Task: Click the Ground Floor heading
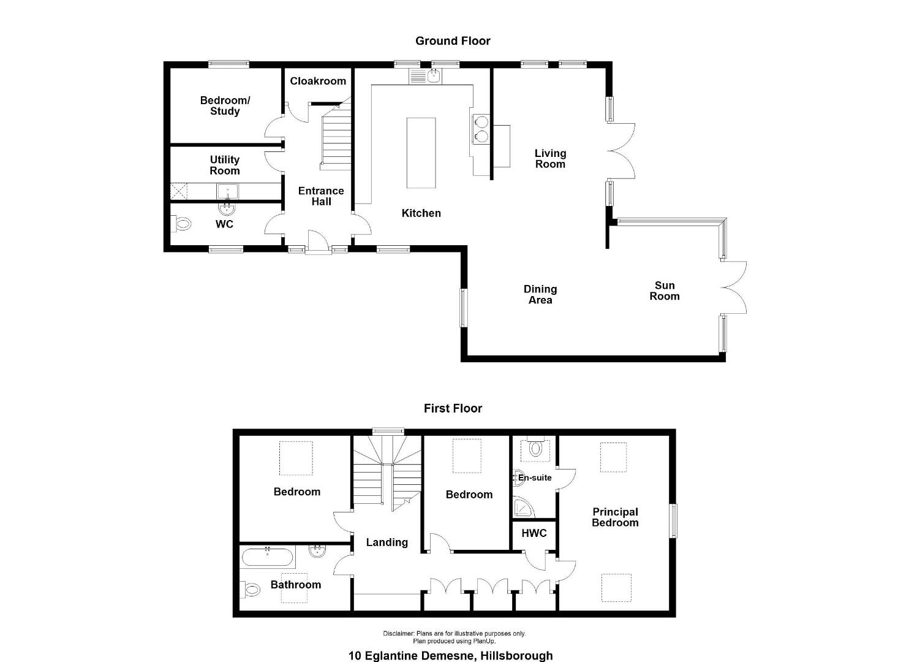(453, 41)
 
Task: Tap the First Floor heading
(453, 408)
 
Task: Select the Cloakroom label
(318, 82)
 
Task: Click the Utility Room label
(224, 165)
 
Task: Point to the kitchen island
(421, 153)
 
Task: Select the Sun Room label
(665, 291)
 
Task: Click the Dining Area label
(540, 294)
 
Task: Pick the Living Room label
(550, 159)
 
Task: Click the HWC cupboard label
(534, 533)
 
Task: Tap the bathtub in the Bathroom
(266, 557)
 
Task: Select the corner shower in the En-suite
(522, 508)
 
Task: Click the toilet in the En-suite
(535, 447)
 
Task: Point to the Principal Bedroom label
(615, 517)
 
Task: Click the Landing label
(387, 542)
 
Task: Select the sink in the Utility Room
(227, 191)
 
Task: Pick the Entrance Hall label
(321, 196)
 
